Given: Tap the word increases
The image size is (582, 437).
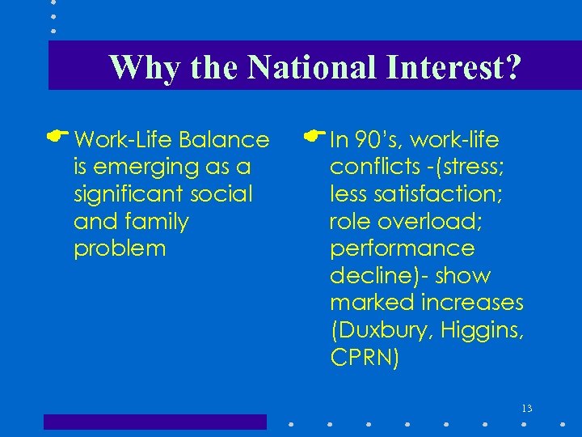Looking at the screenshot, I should (x=472, y=303).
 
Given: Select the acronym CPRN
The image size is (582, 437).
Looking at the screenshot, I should (x=362, y=357).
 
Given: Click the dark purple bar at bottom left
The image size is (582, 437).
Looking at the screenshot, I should (x=154, y=422).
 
